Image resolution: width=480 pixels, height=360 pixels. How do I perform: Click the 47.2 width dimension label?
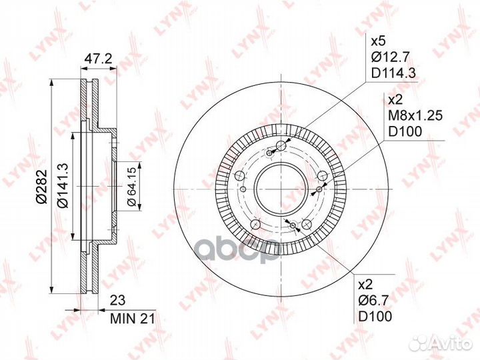click(98, 59)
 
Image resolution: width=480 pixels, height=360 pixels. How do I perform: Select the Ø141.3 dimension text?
click(63, 185)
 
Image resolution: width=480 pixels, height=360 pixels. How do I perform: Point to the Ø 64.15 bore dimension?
click(131, 187)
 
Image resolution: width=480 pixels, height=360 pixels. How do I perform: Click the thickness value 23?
click(117, 300)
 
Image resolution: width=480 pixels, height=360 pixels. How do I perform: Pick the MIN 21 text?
click(133, 319)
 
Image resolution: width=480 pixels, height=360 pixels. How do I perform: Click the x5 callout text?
click(379, 41)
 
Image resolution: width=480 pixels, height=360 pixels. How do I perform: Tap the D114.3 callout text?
click(393, 73)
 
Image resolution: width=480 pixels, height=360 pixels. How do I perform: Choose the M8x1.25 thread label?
click(415, 116)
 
